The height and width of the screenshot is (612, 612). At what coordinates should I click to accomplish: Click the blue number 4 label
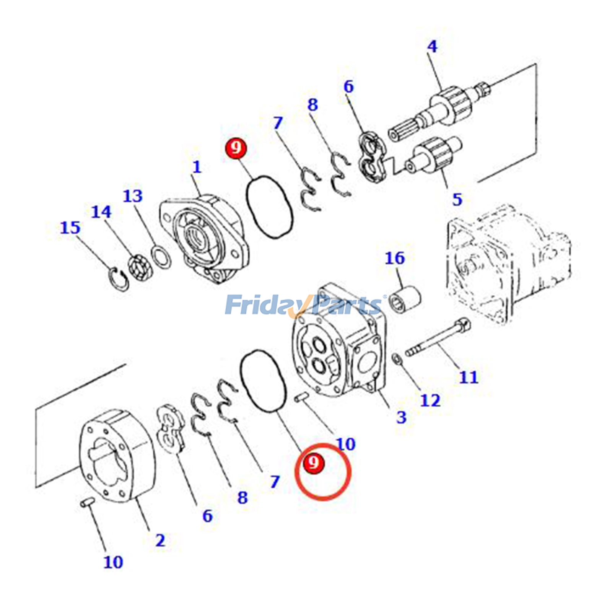point(432,47)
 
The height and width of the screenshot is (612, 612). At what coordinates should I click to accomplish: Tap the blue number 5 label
point(457,199)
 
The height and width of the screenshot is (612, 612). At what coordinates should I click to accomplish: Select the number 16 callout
point(394,258)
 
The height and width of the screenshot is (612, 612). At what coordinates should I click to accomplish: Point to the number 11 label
point(468,377)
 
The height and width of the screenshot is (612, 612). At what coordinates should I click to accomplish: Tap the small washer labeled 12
point(397,359)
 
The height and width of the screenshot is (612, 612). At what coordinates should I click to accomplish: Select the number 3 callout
point(401,417)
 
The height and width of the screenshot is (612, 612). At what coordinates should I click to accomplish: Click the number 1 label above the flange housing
point(197,167)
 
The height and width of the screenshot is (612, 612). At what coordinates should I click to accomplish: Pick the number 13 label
point(132,196)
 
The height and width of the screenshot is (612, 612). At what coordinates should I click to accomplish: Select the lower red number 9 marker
point(314,463)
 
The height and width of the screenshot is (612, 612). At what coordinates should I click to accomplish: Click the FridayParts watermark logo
point(304,305)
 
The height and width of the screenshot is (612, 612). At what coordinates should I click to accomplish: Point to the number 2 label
point(160,540)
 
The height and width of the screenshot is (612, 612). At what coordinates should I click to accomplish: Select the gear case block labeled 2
point(117,455)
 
